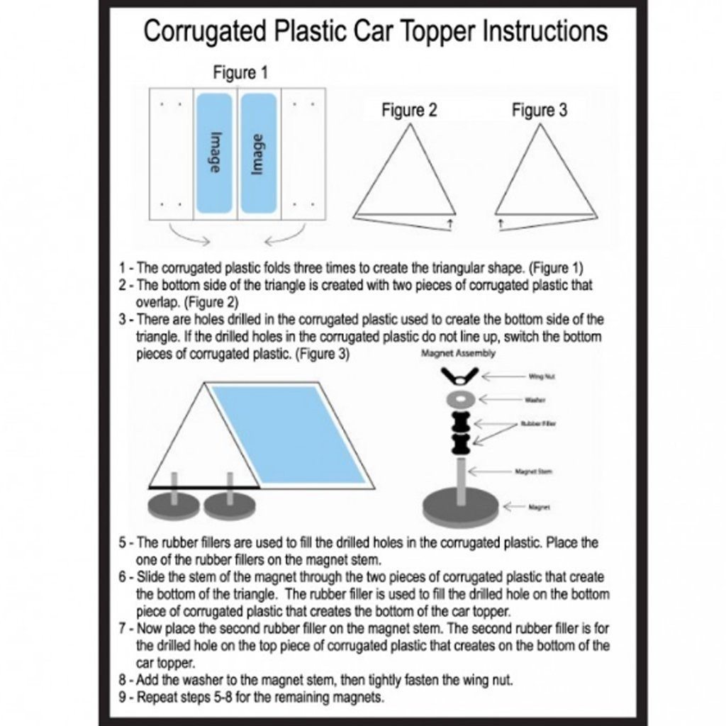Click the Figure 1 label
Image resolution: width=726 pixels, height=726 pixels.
tap(240, 73)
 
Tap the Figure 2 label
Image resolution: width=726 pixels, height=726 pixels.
tap(409, 111)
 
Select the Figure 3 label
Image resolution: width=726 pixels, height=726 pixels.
tap(540, 111)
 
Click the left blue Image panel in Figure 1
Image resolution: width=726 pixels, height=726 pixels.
tap(214, 153)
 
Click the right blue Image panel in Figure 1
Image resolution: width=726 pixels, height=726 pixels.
tap(258, 153)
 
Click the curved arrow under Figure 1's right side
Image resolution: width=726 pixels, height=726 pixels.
tap(284, 235)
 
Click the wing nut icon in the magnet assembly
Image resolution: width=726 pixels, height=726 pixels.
tap(457, 375)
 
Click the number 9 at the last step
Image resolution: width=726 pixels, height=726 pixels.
tap(123, 696)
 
